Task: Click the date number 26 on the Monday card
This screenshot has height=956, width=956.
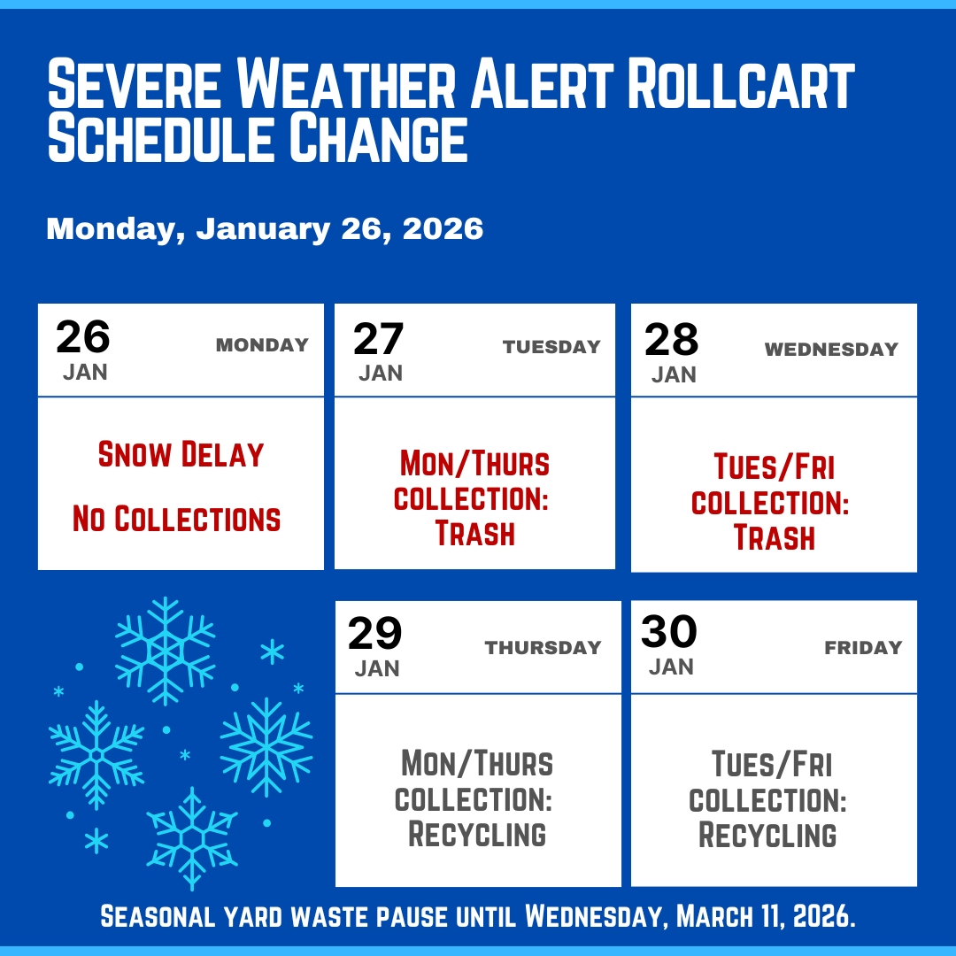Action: tap(83, 337)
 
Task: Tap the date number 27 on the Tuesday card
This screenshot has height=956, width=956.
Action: tap(379, 339)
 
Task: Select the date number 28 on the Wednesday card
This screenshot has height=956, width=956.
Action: tap(672, 340)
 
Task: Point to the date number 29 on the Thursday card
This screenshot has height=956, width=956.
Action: tap(375, 634)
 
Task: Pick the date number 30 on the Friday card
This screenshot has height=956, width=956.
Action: tap(669, 632)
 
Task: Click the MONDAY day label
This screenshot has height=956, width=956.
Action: tap(262, 345)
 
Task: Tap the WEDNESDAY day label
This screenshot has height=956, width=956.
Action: tap(831, 350)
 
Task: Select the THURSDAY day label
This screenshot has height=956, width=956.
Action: tap(543, 648)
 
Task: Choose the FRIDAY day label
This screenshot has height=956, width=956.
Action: tap(863, 648)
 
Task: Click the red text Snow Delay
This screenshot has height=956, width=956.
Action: tap(181, 455)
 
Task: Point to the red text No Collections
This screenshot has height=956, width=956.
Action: tap(177, 519)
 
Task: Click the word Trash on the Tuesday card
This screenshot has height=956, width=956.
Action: tap(475, 534)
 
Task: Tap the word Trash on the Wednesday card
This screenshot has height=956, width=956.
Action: tap(775, 537)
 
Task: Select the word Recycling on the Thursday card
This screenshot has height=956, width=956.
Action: tap(477, 835)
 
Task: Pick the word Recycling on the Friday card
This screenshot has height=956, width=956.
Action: tap(767, 835)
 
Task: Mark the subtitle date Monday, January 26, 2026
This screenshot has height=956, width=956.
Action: tap(265, 229)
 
